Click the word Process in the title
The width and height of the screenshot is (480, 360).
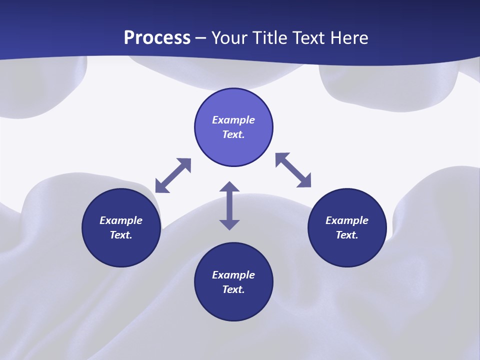point(157,38)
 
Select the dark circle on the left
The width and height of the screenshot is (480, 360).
point(121,250)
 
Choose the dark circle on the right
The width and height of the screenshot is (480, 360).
point(347,250)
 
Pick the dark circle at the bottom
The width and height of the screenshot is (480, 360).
point(233,305)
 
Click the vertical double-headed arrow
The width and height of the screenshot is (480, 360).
point(229,206)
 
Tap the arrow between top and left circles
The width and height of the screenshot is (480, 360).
point(173,175)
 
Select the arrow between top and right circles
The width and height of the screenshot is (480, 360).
point(293,170)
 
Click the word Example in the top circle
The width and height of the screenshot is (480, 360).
point(233,120)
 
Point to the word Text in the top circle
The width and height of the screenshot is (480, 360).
point(233,134)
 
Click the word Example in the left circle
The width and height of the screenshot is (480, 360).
point(121,220)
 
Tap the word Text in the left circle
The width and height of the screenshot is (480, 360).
point(121,235)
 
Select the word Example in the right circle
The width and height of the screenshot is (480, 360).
point(347,220)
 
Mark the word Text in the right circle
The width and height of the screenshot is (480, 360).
point(347,235)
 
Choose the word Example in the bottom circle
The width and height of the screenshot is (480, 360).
point(233,275)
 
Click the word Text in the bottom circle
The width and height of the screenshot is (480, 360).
point(233,289)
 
